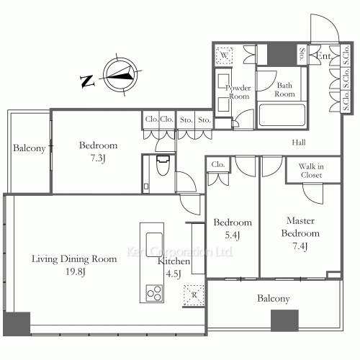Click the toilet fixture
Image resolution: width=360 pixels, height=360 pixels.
[x=163, y=165]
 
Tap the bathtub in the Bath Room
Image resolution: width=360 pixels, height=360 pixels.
[x=282, y=115]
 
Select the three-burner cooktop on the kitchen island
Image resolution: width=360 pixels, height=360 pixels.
[x=154, y=293]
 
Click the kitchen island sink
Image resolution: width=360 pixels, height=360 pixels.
[x=154, y=244]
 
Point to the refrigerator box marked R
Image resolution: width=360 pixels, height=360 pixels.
[x=194, y=295]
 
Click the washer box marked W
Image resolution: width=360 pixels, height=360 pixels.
[x=224, y=55]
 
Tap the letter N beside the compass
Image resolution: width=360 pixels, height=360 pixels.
[x=87, y=81]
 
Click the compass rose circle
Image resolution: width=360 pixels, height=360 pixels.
[x=120, y=74]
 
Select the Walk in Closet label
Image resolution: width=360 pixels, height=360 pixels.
[x=311, y=171]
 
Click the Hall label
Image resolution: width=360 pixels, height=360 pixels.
[x=299, y=143]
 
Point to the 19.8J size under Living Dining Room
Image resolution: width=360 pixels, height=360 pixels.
[x=76, y=272]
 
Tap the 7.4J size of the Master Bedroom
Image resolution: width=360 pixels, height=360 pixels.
[x=300, y=246]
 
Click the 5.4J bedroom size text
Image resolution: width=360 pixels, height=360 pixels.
[x=233, y=235]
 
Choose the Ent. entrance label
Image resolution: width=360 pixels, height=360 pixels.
[x=324, y=56]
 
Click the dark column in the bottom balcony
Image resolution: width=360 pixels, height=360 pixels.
[x=284, y=320]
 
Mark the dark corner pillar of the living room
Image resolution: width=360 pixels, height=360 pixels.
[x=17, y=324]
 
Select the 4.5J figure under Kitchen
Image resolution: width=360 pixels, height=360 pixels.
[x=174, y=274]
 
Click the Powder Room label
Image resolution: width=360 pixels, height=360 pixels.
[x=238, y=92]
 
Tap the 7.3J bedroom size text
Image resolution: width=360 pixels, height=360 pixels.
[x=98, y=158]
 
